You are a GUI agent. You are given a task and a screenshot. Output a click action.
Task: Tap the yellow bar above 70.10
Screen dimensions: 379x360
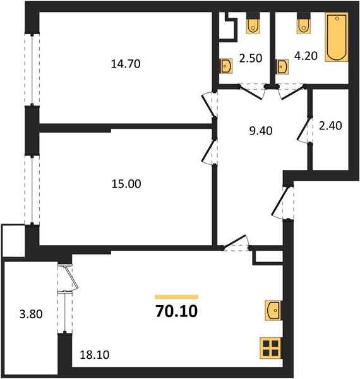(176, 296)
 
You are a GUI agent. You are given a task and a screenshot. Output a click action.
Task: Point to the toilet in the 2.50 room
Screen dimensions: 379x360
(253, 25)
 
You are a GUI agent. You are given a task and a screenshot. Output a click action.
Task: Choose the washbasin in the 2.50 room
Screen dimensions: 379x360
(225, 65)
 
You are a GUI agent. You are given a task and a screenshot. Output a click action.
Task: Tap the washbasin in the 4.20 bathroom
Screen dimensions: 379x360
(282, 65)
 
